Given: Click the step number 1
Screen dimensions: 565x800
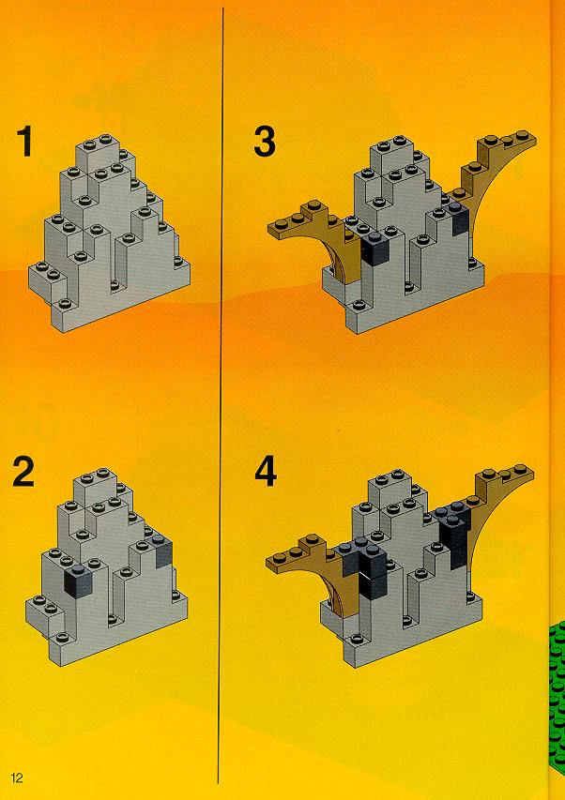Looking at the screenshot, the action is pos(24,142).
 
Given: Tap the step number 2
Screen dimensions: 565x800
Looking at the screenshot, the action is pos(23,472).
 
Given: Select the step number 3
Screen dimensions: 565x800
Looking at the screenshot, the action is pos(265,142).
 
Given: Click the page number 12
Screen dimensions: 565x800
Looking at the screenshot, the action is pos(16,777).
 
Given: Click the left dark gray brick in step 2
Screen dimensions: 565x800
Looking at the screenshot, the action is pos(78,581).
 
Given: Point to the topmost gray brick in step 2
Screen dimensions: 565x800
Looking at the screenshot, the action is pos(97,485).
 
